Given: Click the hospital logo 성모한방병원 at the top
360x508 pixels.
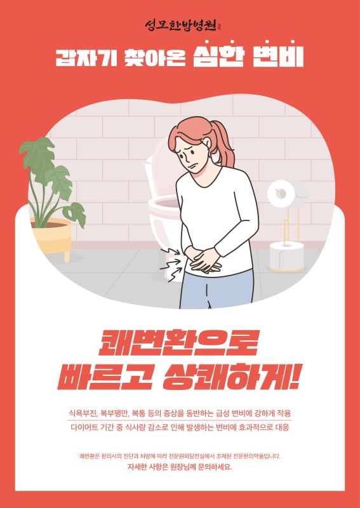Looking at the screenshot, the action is point(182,25).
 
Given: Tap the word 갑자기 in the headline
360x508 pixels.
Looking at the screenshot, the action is point(86,58).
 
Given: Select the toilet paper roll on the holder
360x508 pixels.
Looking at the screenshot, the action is point(281,194).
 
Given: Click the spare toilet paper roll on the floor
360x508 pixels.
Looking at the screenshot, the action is point(287,257).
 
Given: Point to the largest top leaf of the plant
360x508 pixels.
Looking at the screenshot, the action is point(37,156).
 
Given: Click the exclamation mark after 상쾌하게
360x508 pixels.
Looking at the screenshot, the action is point(296,376).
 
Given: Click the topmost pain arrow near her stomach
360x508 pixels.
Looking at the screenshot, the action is point(170,251).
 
